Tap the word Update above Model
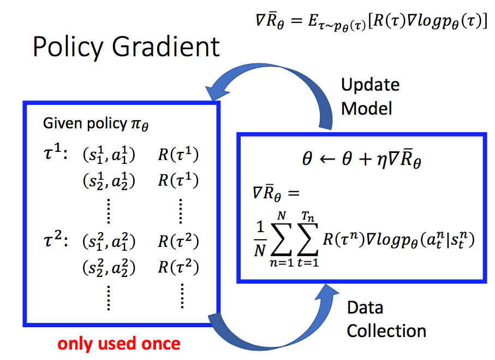point(370,85)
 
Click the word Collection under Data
point(386,331)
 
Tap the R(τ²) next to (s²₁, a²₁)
point(178,241)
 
